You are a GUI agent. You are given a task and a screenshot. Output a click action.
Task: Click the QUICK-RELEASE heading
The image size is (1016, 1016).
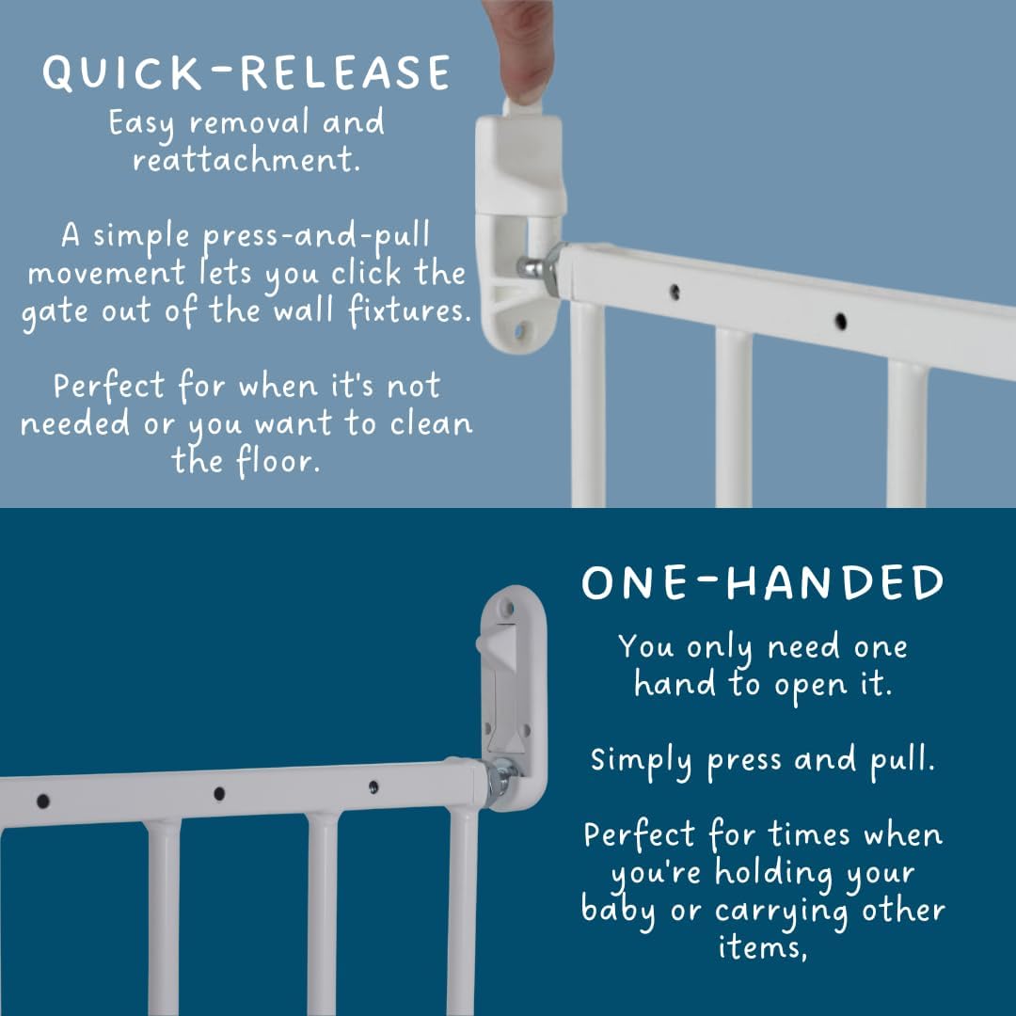point(246,71)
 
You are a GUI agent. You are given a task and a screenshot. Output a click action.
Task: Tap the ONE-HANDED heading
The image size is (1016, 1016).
point(763,582)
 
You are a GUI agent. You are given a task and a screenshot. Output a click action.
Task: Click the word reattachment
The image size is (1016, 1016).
point(246,159)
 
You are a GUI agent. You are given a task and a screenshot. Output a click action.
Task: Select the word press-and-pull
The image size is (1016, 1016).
point(316,236)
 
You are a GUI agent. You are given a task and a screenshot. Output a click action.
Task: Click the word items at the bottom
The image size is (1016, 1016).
point(762,946)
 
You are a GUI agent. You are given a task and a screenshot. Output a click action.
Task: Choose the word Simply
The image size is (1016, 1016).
point(641,761)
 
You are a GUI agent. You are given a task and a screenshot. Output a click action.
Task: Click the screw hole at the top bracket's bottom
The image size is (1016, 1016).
point(519,333)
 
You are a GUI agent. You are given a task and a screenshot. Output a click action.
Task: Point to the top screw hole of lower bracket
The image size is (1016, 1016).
point(508,609)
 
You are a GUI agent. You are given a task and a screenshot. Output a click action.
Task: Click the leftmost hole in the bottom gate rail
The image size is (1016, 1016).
point(43,802)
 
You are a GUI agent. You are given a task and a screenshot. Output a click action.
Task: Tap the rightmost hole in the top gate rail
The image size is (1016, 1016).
point(840,321)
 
